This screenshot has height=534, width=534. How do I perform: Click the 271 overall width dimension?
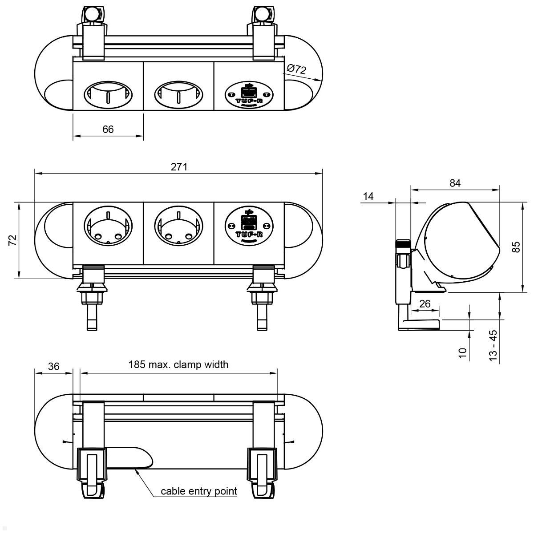click(x=179, y=167)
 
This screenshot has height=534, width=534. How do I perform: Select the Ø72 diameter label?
click(x=296, y=69)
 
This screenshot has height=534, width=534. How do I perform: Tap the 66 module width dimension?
click(x=108, y=129)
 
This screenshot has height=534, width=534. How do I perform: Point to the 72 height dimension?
click(x=13, y=240)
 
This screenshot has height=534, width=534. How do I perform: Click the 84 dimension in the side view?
click(x=455, y=183)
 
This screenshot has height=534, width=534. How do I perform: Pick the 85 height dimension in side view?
click(x=516, y=247)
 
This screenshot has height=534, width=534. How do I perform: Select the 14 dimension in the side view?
click(x=368, y=196)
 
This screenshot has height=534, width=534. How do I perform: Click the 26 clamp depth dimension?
click(x=425, y=303)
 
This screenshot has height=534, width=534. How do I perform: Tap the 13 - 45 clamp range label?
click(x=493, y=345)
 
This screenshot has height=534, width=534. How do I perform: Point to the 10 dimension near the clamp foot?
click(x=463, y=353)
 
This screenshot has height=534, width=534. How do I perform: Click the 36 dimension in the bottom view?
click(x=53, y=366)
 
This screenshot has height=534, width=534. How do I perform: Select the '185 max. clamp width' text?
click(x=178, y=364)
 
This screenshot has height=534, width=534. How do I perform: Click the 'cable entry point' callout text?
click(x=199, y=491)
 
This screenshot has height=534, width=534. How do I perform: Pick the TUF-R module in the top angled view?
click(x=249, y=93)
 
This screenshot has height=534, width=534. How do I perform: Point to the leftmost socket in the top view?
click(x=108, y=94)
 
